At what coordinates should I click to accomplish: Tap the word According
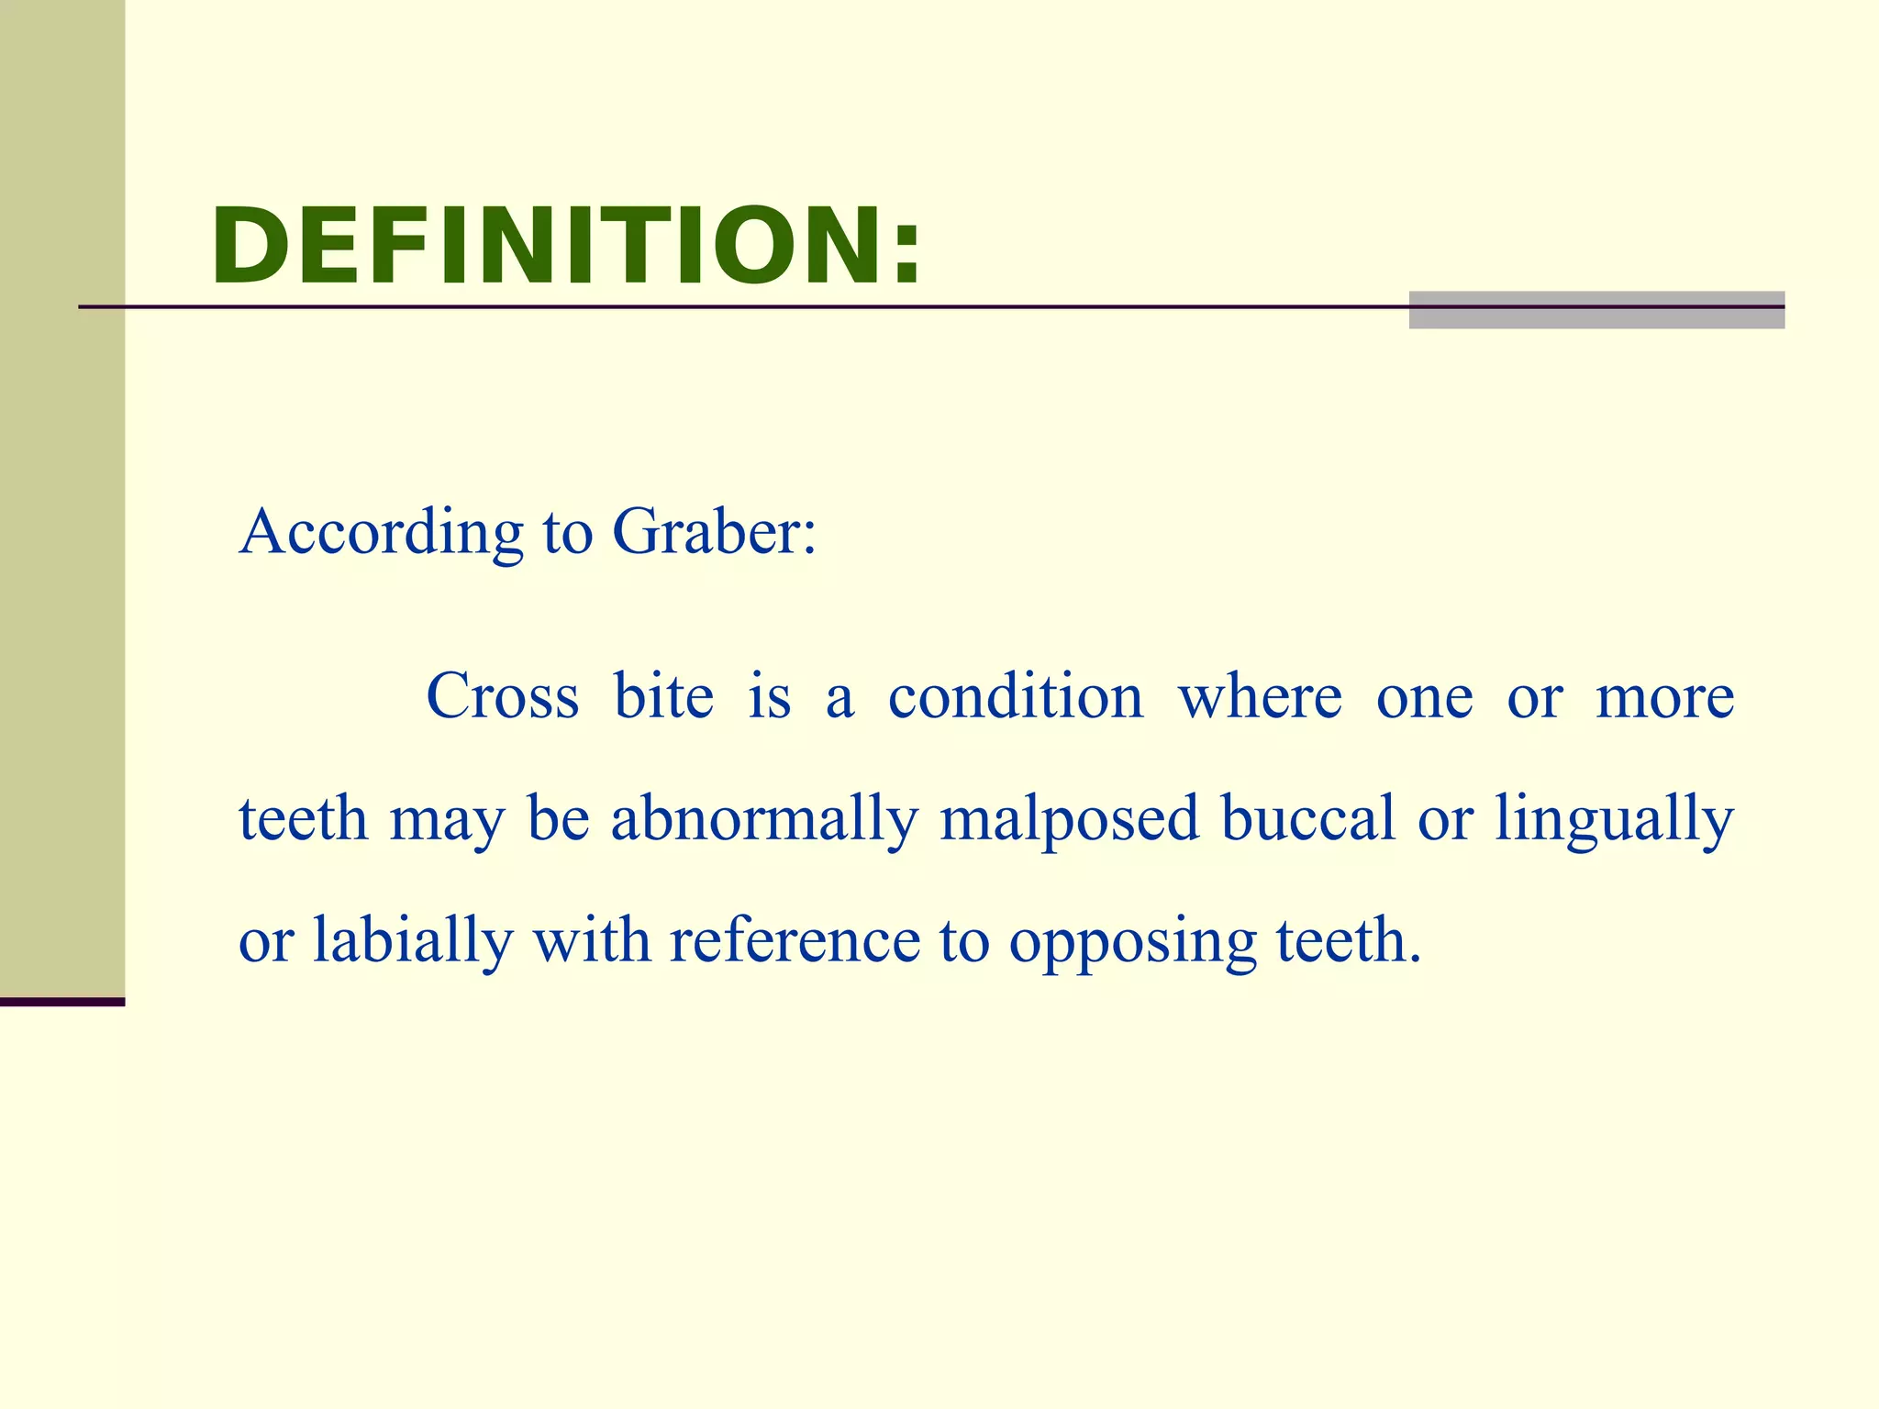point(381,532)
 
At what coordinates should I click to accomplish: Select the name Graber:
point(714,532)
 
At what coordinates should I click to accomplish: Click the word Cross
point(503,696)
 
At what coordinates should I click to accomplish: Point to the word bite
point(663,696)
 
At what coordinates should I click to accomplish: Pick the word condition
point(1016,696)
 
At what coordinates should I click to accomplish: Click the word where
point(1260,696)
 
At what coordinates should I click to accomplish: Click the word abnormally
point(764,819)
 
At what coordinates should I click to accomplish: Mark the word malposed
point(1069,819)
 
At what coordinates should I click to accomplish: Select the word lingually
point(1615,819)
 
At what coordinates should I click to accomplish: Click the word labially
point(413,941)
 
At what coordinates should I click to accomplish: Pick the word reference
point(795,941)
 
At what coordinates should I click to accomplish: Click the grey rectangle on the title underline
point(1596,310)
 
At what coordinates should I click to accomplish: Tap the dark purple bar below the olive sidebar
point(62,1002)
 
